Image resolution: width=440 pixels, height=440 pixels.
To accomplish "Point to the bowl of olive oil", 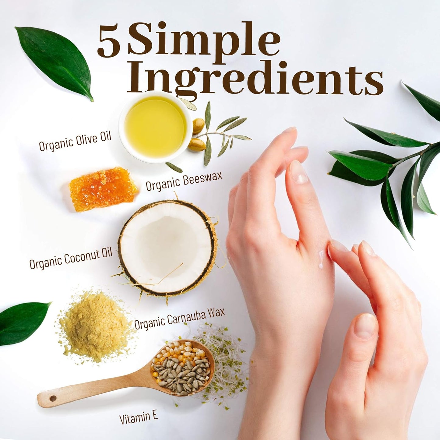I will click(155, 127).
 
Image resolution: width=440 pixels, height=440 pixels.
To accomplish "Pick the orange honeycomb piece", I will click(103, 189).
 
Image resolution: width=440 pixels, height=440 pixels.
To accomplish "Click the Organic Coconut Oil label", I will click(71, 259).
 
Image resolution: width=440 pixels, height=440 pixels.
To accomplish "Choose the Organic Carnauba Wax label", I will click(179, 319).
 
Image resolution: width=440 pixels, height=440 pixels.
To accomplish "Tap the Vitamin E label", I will click(139, 418).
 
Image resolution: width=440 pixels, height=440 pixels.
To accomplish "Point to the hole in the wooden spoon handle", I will click(53, 399).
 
